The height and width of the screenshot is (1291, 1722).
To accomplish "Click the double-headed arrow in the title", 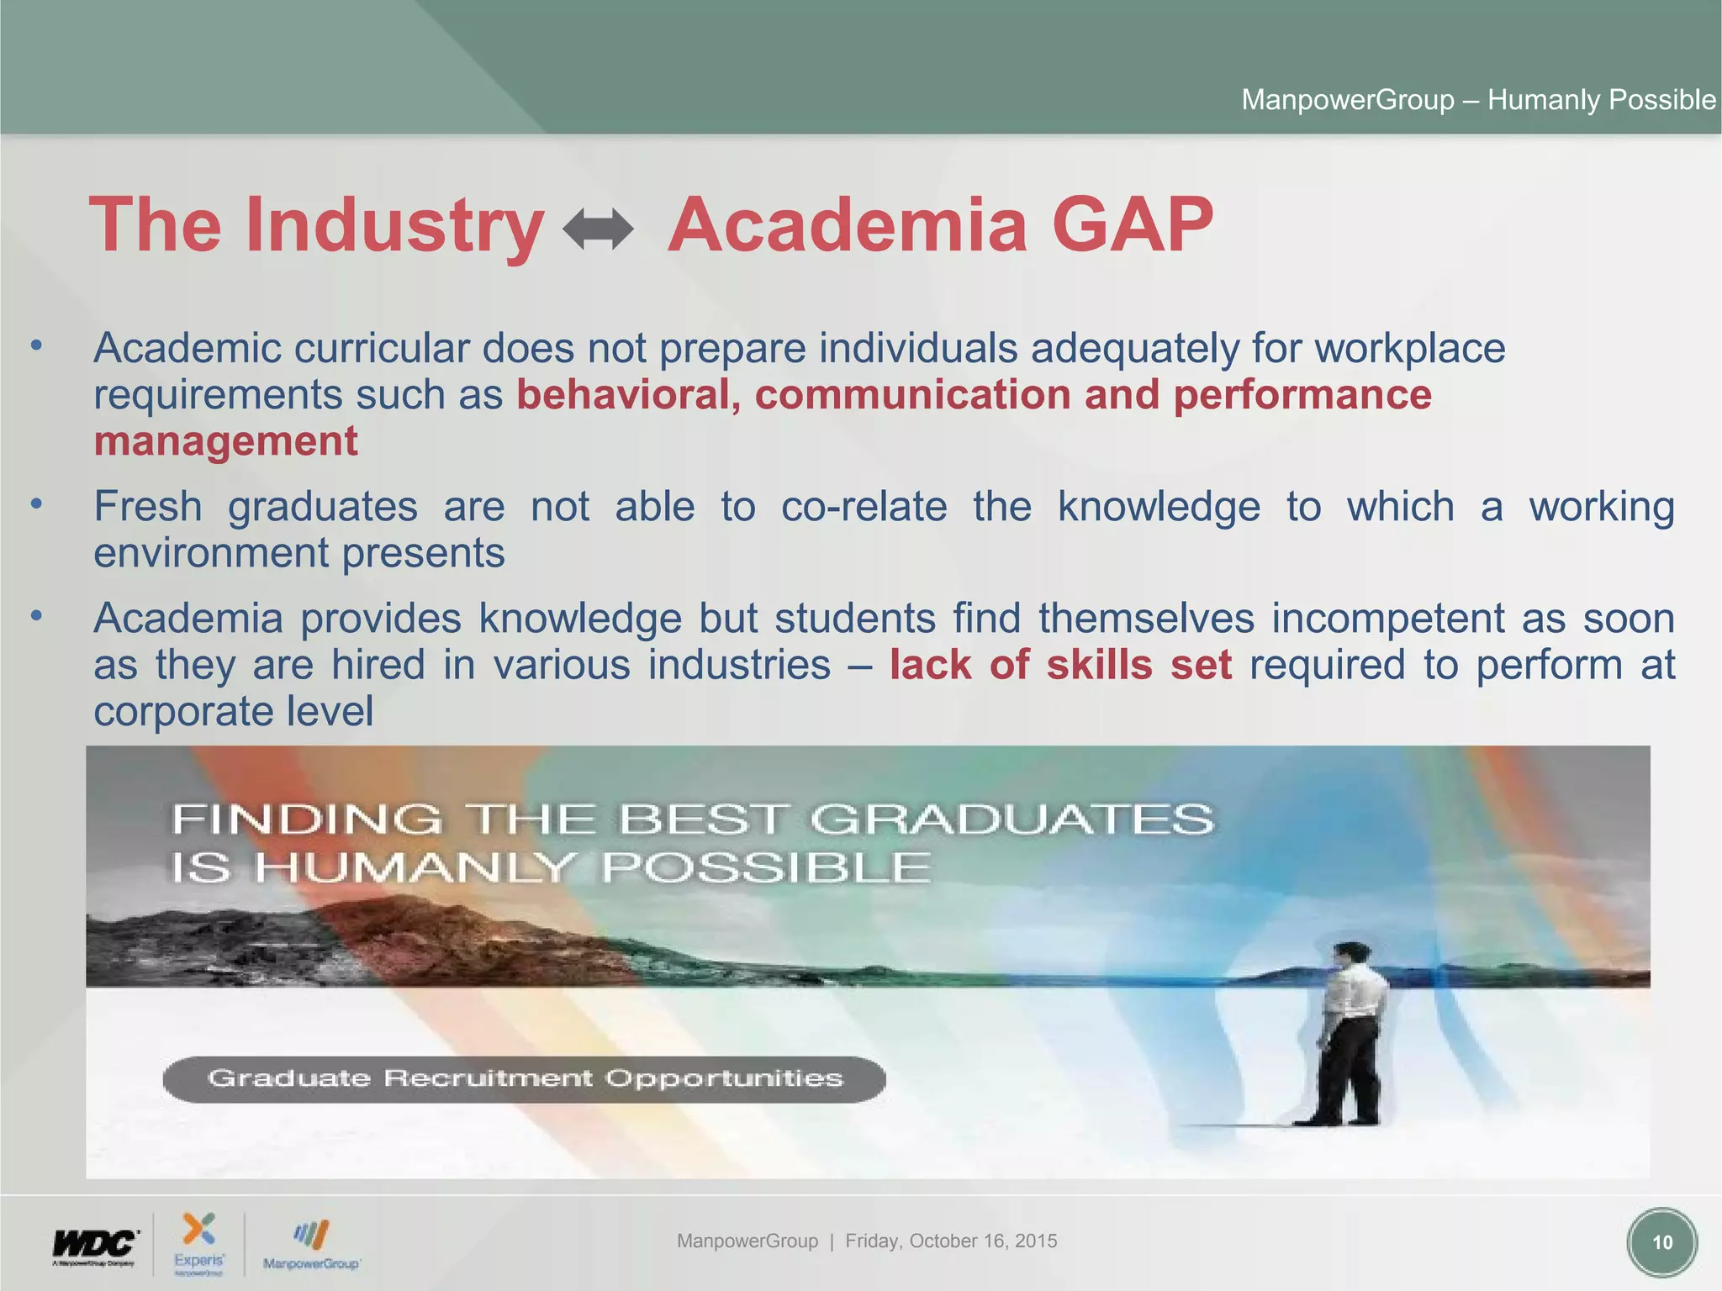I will (598, 229).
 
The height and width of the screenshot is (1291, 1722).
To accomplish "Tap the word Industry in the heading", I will (394, 225).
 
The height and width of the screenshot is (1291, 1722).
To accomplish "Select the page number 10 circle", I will (1661, 1242).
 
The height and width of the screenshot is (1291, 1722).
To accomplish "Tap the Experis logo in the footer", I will (199, 1243).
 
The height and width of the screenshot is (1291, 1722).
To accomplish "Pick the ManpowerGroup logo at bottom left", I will (311, 1245).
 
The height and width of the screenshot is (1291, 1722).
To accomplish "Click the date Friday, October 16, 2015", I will (951, 1241).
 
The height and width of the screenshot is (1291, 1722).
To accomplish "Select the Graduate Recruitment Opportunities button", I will (524, 1078).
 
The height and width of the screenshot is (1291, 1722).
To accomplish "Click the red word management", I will (225, 441).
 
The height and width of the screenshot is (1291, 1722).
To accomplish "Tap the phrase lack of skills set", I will (1060, 665).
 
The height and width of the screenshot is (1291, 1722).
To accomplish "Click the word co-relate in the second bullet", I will (864, 507).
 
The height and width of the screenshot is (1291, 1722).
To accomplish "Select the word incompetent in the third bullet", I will (1387, 619).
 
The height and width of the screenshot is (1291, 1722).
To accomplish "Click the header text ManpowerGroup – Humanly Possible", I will (1478, 100).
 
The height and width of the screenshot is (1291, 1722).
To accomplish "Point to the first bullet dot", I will (35, 345).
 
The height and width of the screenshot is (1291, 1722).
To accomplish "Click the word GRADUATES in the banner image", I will (1012, 819).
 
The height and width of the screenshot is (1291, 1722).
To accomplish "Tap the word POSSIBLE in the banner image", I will (766, 867).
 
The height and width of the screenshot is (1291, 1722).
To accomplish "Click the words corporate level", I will (233, 712).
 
